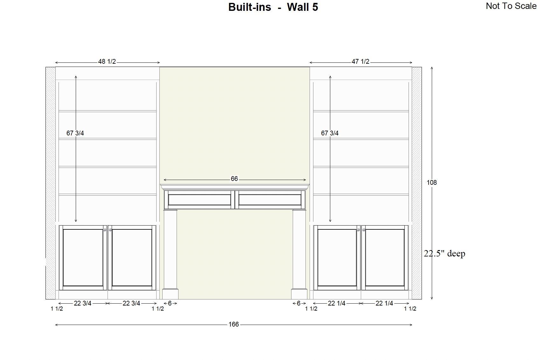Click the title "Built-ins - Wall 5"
[273, 7]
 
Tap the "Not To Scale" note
[511, 6]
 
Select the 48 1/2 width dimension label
[107, 61]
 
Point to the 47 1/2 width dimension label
[360, 61]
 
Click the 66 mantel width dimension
[234, 179]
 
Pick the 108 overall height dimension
[432, 183]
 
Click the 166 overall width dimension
[234, 324]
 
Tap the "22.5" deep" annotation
[444, 254]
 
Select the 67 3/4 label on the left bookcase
[75, 133]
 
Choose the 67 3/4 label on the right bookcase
[330, 133]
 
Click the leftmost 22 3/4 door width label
[82, 303]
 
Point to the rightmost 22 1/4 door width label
[384, 303]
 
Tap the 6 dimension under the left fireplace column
[170, 303]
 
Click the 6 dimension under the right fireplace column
[298, 303]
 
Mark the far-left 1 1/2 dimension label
[57, 308]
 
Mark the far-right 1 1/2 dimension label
[410, 308]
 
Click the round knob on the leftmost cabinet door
[105, 230]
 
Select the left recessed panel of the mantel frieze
[199, 200]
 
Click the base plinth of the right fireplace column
[299, 294]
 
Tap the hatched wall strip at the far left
[51, 183]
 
